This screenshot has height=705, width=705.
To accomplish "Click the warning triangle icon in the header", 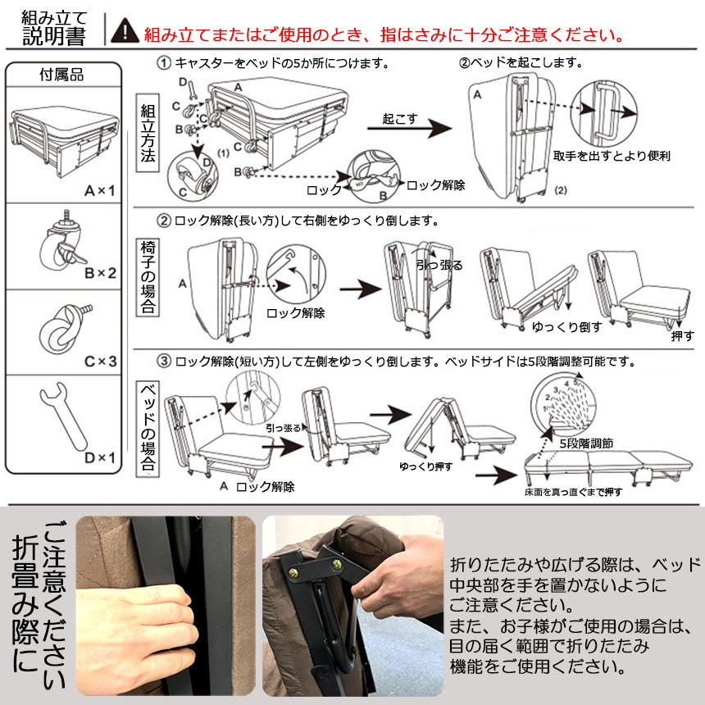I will point(125,31).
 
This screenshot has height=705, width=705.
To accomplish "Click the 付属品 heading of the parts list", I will point(62,75).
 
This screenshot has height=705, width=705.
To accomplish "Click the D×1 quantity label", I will point(99,457).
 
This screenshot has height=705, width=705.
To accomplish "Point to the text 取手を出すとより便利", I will point(611,155).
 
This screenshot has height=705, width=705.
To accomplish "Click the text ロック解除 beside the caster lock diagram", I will point(435,185).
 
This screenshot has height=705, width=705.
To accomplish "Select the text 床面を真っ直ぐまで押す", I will point(573,492).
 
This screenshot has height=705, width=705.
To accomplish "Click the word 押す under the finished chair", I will point(681,336).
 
